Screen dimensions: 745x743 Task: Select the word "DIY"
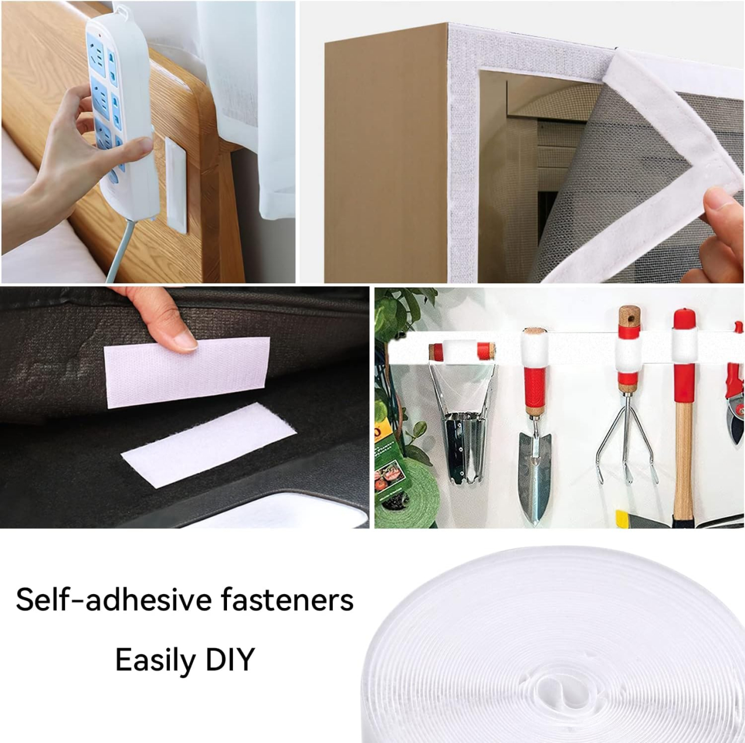230,659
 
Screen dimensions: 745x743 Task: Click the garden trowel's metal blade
535,474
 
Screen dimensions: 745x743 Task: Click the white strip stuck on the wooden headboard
176,186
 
